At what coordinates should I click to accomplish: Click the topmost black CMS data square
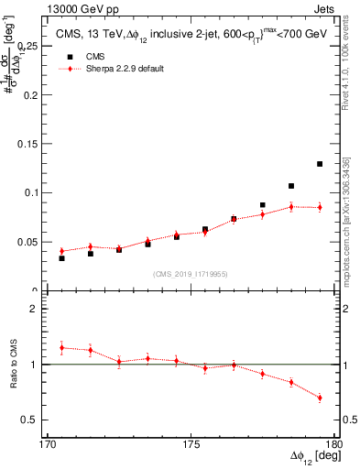pos(320,164)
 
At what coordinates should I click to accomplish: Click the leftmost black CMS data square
pos(61,258)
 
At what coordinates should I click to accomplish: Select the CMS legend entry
pos(95,56)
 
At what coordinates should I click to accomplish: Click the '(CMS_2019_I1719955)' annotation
pos(190,273)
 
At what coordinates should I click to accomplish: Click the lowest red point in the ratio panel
pos(320,398)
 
